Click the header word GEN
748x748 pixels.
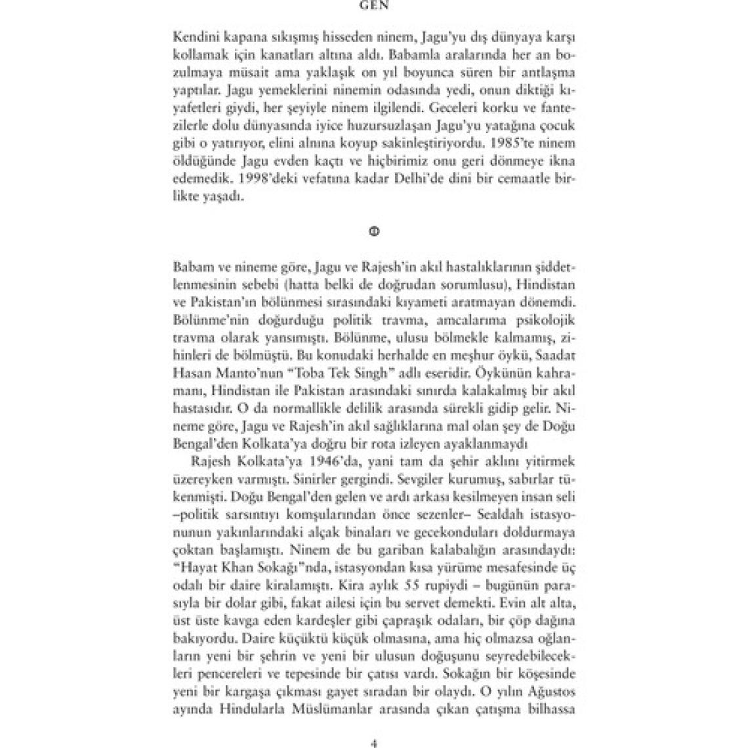pos(374,5)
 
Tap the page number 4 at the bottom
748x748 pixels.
pos(374,743)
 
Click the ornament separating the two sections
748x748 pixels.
pos(374,231)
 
